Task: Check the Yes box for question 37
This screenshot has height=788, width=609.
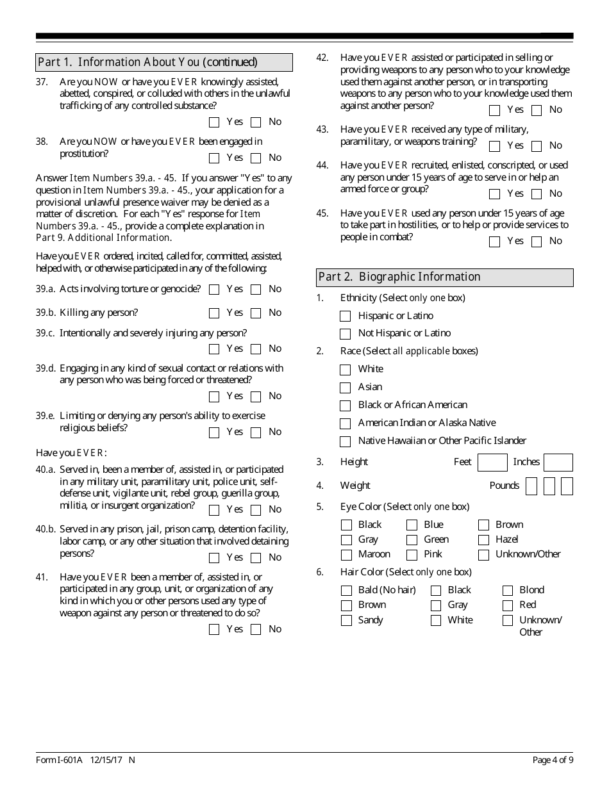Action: [x=215, y=122]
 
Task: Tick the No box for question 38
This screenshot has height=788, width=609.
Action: [x=256, y=158]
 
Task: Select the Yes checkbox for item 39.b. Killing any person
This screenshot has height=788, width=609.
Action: [x=215, y=313]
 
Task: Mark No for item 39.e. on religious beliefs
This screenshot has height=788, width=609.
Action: [x=256, y=432]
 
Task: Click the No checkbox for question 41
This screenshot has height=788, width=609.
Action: [x=256, y=630]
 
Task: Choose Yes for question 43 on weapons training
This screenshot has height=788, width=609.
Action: [x=494, y=146]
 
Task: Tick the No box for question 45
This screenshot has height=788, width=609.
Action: [x=537, y=242]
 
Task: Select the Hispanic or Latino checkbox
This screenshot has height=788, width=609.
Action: [x=346, y=316]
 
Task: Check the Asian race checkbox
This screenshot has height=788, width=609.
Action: [x=346, y=388]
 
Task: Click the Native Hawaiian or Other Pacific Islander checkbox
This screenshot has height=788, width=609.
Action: [x=346, y=441]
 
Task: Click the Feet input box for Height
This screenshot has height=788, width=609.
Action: [x=492, y=463]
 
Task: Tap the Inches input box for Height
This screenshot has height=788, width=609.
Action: [x=558, y=463]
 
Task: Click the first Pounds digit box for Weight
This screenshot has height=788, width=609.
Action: [x=531, y=486]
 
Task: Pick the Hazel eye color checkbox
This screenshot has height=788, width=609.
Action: [x=483, y=540]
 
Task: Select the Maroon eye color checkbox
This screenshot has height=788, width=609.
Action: [x=346, y=555]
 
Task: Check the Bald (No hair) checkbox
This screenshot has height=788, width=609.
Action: [x=346, y=591]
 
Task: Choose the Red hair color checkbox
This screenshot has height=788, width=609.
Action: [x=508, y=605]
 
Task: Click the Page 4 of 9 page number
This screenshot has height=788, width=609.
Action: [x=553, y=760]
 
